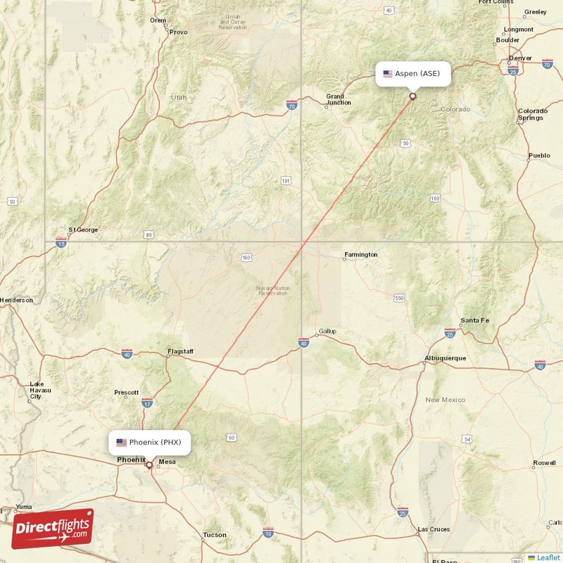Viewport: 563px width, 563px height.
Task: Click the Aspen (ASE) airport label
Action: pos(413,73)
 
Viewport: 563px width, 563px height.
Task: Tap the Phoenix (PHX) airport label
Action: pos(149,442)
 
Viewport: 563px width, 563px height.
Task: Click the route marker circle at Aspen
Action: pos(413,96)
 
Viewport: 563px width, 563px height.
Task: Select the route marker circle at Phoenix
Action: pos(149,465)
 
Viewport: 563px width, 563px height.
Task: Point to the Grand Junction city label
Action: pos(335,100)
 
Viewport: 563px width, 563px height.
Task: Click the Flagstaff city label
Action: pos(180,350)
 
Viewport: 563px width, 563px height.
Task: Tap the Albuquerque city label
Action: pos(445,358)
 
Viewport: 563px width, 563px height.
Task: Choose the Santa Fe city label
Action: pos(474,321)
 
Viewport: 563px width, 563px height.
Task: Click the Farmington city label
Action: pos(360,254)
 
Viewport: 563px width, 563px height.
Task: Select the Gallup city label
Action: pos(327,330)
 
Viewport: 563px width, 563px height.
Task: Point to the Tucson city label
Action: pos(215,535)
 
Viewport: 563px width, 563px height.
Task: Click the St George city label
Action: pos(83,229)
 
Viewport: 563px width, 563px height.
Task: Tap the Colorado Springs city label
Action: pos(533,115)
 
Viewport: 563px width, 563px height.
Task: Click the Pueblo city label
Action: pos(539,155)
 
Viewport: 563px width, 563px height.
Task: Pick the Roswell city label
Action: pos(545,463)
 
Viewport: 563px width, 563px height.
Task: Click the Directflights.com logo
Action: pos(52,528)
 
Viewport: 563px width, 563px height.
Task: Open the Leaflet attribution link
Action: pos(548,557)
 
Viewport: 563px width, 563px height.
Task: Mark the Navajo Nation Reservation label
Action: pos(272,291)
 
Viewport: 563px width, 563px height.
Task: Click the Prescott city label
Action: pos(126,393)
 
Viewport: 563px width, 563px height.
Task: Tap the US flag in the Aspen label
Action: pos(387,73)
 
